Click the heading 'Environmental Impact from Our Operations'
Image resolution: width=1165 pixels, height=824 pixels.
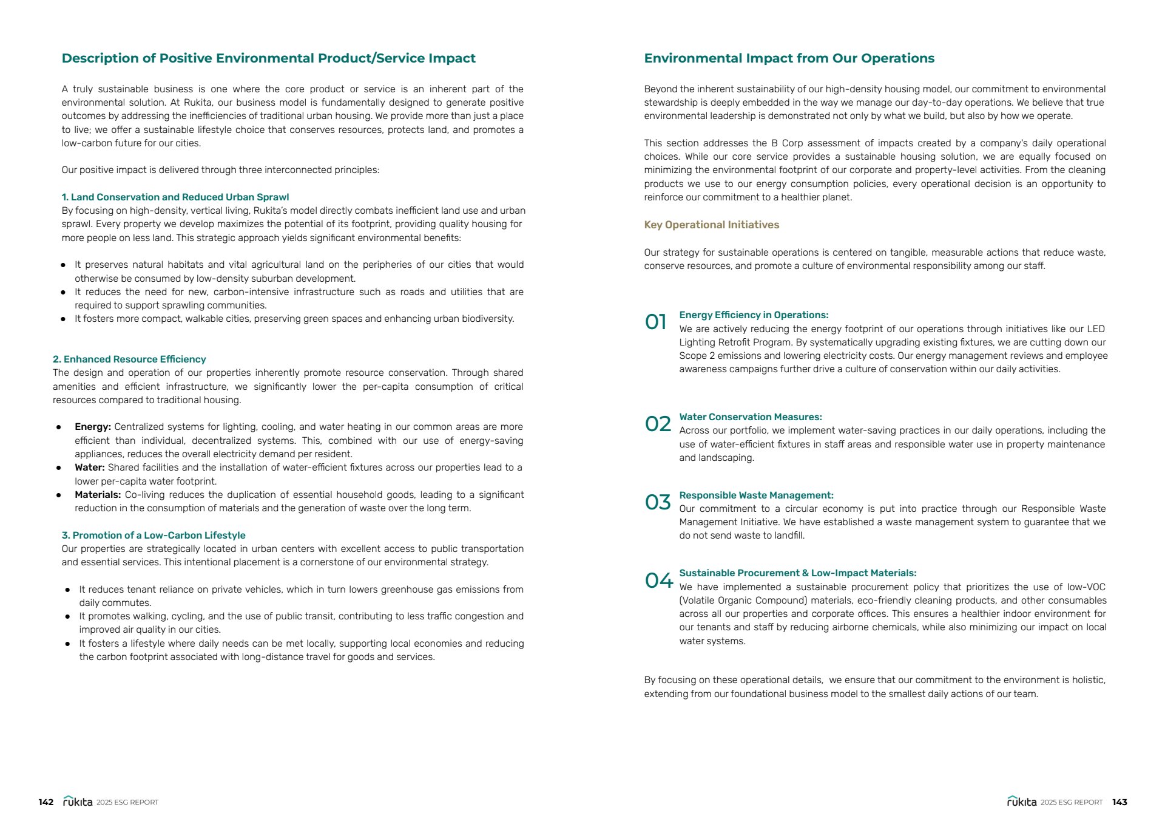(789, 58)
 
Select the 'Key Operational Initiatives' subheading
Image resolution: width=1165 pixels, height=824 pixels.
(711, 225)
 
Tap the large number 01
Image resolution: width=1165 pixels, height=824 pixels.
(655, 322)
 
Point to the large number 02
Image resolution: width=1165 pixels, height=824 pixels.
(658, 424)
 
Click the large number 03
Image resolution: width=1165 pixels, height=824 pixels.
(658, 502)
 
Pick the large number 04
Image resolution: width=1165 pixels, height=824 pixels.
(658, 581)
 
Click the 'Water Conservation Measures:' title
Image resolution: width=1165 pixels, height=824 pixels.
(750, 417)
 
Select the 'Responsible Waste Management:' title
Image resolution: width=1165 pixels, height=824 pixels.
(756, 495)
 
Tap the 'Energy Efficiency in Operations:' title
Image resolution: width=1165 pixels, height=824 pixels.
(754, 315)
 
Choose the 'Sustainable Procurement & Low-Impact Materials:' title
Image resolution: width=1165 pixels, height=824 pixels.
(797, 573)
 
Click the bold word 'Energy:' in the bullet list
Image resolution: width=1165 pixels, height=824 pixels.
(93, 427)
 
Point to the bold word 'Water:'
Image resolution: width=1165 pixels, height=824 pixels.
(90, 468)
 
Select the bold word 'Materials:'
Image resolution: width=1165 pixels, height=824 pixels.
(98, 495)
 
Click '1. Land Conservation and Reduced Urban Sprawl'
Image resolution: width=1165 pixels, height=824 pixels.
(175, 197)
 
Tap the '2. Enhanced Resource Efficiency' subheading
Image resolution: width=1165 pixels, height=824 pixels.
(129, 359)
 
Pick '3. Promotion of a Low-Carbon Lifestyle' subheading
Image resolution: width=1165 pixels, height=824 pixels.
(154, 536)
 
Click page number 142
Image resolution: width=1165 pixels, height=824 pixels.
(46, 802)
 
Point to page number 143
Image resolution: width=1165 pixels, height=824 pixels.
(1119, 802)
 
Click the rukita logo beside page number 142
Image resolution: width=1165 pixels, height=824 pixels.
(78, 802)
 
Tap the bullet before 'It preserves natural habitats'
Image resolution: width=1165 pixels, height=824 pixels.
(63, 265)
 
